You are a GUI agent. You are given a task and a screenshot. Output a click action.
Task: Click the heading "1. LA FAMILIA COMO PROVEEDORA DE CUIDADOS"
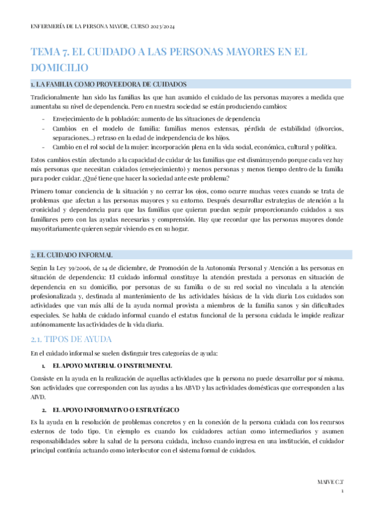point(109,84)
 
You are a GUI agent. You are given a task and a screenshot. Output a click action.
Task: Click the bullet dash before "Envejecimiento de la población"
point(43,118)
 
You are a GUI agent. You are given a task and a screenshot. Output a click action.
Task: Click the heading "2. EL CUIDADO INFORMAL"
point(72,255)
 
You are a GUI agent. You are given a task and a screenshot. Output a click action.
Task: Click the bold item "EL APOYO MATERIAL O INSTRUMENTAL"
point(112,366)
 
